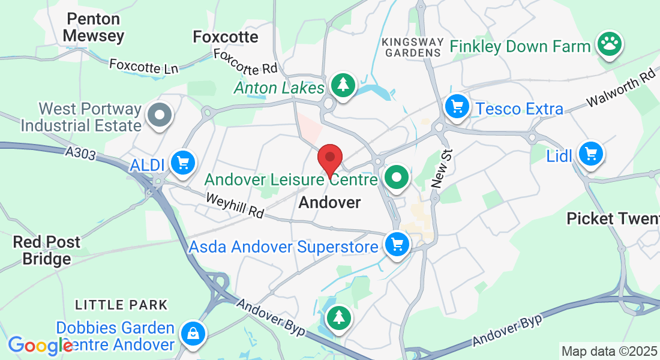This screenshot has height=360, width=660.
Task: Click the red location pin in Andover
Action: (329, 158)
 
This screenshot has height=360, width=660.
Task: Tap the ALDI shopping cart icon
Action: (182, 162)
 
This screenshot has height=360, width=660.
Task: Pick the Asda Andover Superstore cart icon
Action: (397, 245)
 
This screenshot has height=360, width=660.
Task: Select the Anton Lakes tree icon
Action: (343, 85)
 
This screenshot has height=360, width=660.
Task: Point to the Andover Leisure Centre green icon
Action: (397, 178)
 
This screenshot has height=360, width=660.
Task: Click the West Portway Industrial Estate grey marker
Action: (160, 114)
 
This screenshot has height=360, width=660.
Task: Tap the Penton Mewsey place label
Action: (94, 28)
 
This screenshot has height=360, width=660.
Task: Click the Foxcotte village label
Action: (226, 37)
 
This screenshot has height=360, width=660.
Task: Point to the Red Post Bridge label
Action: (47, 251)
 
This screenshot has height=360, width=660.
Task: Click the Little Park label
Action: (121, 305)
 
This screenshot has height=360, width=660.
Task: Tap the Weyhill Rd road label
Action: (235, 205)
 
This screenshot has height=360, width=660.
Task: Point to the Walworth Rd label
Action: (622, 88)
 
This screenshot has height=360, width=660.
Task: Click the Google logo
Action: (40, 345)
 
